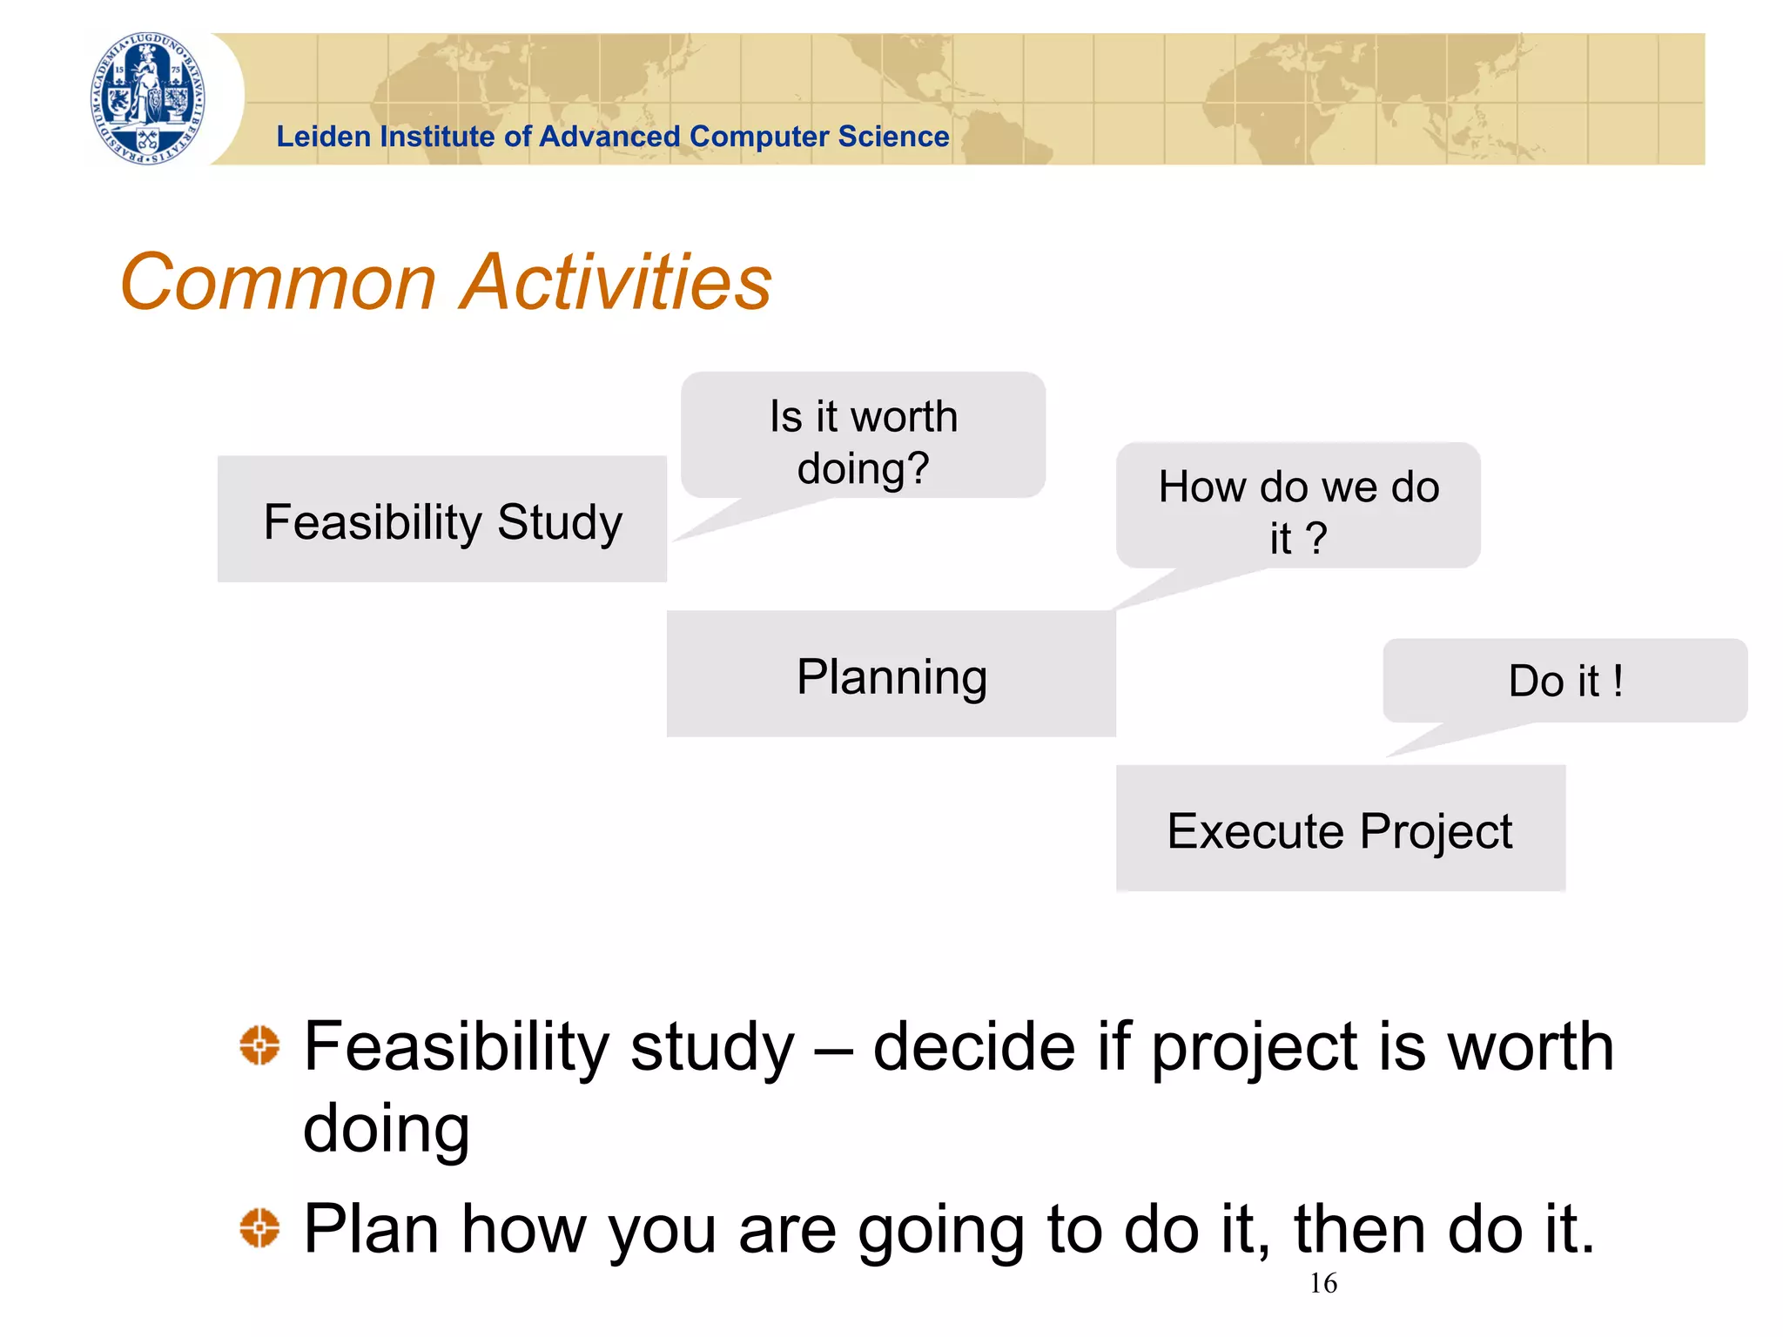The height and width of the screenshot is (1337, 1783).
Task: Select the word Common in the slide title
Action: (278, 282)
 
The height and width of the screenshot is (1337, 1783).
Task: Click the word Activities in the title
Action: (616, 282)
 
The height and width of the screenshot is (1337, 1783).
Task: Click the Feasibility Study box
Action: (442, 520)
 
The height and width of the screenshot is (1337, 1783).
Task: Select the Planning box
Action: (891, 675)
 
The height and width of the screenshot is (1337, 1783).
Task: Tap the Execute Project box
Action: (1340, 829)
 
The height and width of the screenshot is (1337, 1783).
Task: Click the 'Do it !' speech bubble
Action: (1564, 681)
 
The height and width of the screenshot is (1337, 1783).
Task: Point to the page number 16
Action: (1322, 1283)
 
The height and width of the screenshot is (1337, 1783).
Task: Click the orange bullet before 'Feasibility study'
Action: (259, 1045)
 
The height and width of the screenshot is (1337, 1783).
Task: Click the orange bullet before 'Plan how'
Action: (259, 1228)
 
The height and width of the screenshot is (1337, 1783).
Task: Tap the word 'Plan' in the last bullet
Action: (371, 1228)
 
